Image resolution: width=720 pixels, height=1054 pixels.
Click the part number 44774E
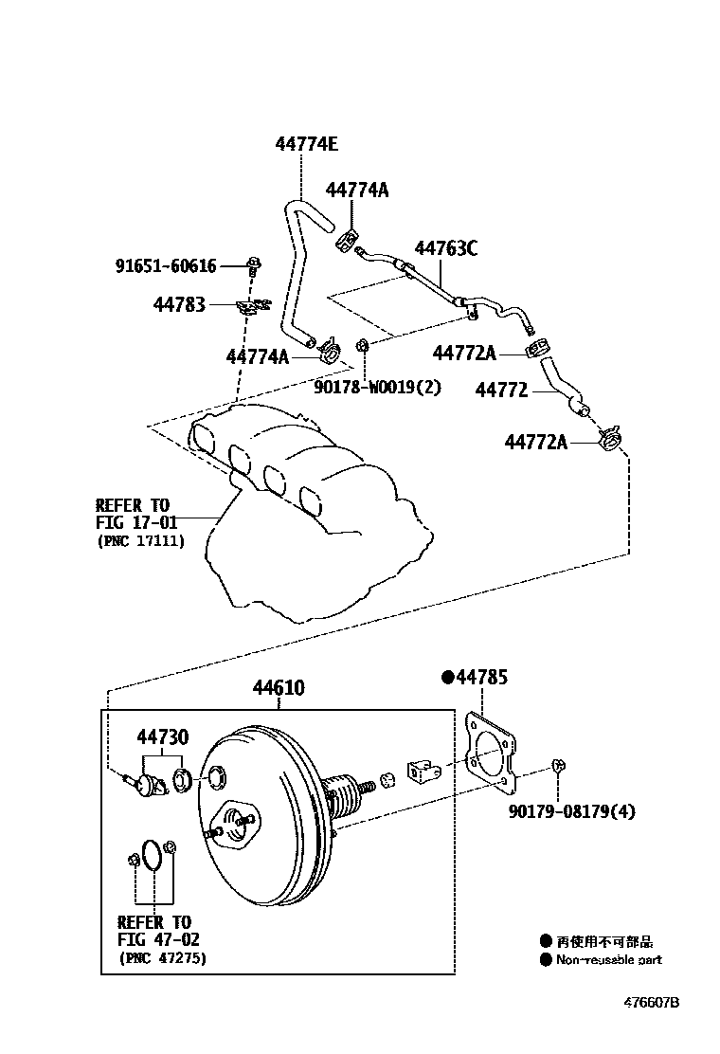pos(306,145)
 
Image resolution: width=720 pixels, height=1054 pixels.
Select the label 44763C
pos(445,248)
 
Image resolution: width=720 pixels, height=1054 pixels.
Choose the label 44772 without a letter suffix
pos(501,390)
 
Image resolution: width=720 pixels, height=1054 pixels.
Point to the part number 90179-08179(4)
pos(571,811)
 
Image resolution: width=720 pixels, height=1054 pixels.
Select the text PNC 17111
pos(140,541)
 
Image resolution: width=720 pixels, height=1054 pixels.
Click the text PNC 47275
pos(162,958)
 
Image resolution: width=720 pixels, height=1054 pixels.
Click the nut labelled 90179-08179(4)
pos(559,765)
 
